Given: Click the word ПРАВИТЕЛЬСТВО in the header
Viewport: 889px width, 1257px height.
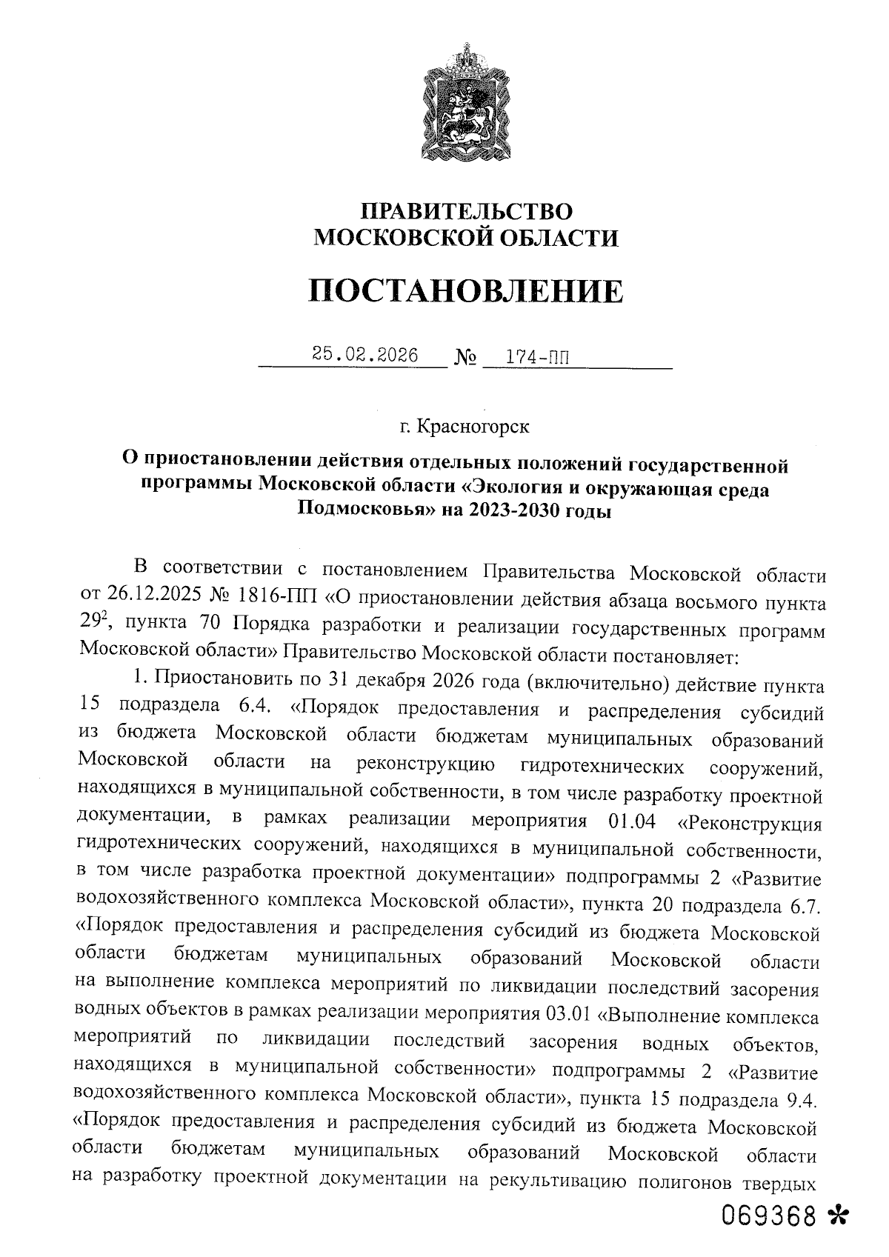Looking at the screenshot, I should tap(466, 211).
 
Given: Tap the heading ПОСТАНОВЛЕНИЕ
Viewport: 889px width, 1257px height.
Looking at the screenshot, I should tap(466, 291).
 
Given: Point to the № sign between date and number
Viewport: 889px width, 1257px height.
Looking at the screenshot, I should tap(465, 359).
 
